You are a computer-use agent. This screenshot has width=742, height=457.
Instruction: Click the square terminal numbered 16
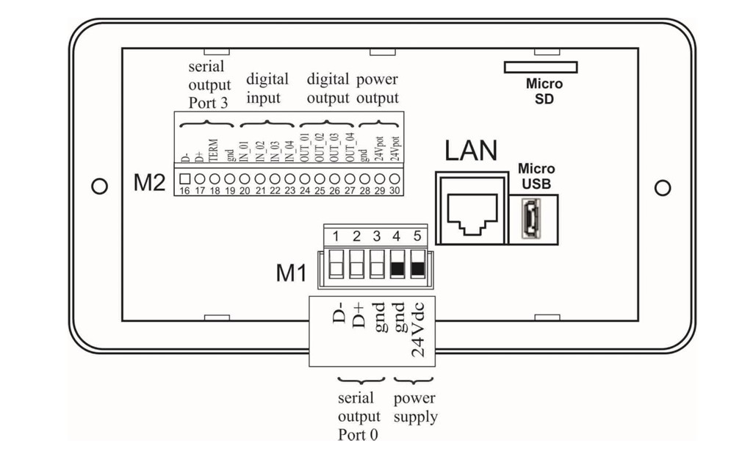pos(185,179)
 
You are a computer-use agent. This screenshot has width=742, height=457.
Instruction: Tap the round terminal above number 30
pos(395,179)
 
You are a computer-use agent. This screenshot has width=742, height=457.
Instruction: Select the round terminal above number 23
pos(290,179)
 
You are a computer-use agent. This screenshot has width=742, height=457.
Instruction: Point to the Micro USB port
pos(530,219)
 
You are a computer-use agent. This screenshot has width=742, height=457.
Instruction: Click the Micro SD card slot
pos(541,67)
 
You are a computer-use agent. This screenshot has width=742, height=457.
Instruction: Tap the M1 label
pos(291,273)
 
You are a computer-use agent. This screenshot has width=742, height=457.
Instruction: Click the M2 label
pos(150,183)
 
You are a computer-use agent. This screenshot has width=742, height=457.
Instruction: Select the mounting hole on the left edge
pos(99,187)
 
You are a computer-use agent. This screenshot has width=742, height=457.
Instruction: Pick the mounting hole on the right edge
pos(663,188)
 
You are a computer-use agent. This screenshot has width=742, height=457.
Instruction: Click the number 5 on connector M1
pos(417,236)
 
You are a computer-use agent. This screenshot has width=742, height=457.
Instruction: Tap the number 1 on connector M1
pos(336,236)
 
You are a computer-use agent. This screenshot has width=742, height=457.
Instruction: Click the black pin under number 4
pos(397,269)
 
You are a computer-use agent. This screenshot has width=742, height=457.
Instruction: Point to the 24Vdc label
pos(418,329)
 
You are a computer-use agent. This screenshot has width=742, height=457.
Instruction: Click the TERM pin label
pos(214,151)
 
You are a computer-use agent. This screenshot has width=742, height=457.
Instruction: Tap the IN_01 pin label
pos(244,151)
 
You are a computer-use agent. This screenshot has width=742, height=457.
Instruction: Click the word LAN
pos(471,151)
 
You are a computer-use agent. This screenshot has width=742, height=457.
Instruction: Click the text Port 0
pos(358,434)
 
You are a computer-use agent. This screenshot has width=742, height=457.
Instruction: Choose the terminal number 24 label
pos(305,190)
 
